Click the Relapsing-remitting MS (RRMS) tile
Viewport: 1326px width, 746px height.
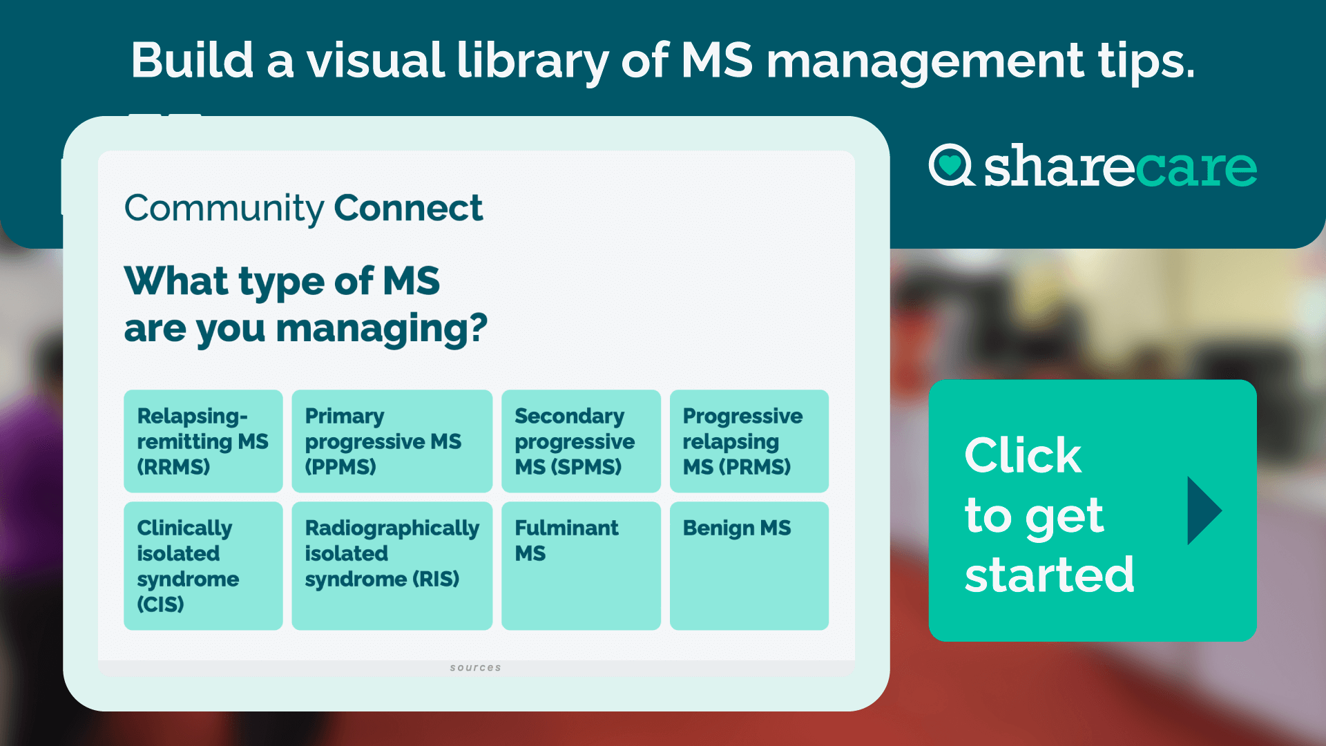(x=203, y=441)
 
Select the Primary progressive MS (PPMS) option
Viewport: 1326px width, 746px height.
(x=392, y=441)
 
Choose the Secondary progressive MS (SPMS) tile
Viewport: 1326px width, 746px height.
(x=581, y=441)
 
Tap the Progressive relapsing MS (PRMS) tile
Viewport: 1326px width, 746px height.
(x=749, y=441)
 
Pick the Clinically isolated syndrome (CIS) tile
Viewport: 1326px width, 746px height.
(x=203, y=565)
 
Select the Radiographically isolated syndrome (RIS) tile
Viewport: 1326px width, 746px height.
(x=392, y=565)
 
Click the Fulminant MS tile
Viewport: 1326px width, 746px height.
(x=581, y=565)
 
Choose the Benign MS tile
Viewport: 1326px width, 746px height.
(x=749, y=565)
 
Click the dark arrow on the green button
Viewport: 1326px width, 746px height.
(x=1203, y=510)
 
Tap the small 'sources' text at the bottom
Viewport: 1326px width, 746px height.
(x=475, y=667)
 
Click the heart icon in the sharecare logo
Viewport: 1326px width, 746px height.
(x=950, y=164)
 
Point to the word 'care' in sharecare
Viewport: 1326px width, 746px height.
(x=1195, y=167)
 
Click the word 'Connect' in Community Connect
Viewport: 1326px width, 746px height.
(x=408, y=208)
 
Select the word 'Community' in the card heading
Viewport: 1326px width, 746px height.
(x=224, y=209)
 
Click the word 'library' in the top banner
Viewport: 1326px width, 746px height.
(x=532, y=60)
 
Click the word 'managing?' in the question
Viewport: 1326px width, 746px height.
(x=381, y=328)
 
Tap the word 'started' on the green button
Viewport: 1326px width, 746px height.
(x=1049, y=575)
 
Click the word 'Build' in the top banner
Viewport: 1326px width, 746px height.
(x=192, y=60)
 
